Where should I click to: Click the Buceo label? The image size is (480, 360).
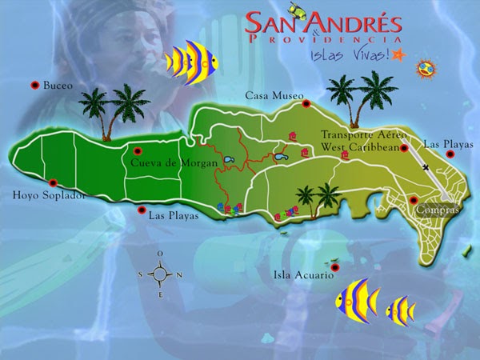coord(58,85)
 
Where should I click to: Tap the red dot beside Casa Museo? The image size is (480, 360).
coord(305,102)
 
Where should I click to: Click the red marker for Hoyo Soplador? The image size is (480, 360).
coord(54,182)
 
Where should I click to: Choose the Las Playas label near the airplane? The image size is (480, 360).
coord(448,145)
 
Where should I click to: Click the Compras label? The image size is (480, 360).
coord(436,210)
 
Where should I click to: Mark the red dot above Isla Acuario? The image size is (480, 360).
coord(335,266)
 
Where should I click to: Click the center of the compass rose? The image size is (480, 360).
coord(160,274)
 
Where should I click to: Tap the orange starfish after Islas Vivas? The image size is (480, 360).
coord(401,54)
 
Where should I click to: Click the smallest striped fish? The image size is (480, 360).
coord(399,309)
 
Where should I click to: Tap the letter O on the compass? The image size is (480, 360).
coord(160,254)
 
